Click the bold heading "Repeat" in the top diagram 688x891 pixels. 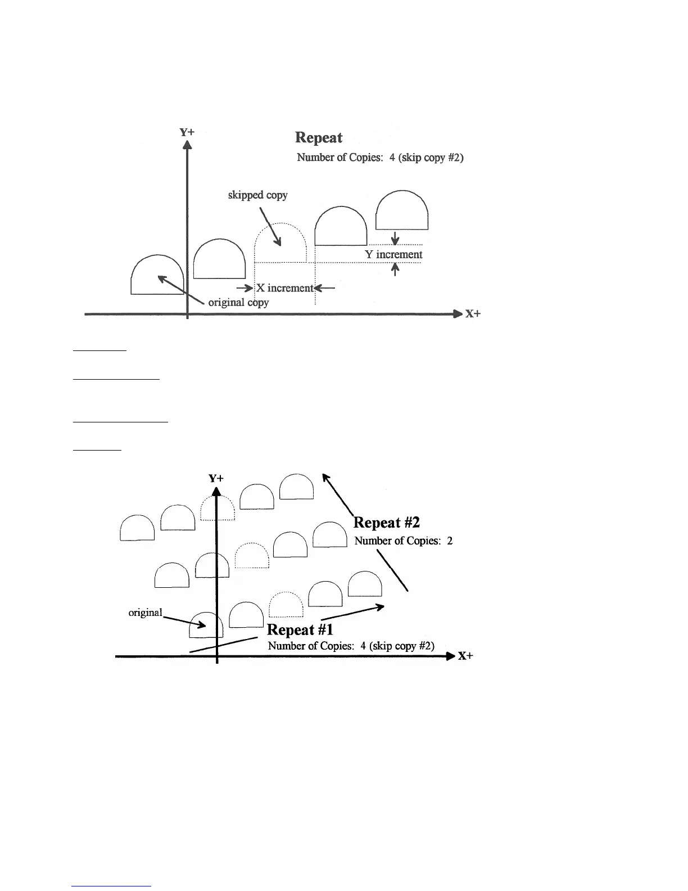[319, 138]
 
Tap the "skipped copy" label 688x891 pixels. [257, 195]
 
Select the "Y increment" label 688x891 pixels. [393, 254]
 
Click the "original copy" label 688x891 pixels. [238, 303]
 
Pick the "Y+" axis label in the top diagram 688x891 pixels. [187, 132]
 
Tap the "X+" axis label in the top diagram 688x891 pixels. [473, 314]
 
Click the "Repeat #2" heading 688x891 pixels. [387, 523]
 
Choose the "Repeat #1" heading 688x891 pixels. [300, 629]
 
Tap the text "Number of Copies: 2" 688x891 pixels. [404, 541]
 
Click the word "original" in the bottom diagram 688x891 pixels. [145, 613]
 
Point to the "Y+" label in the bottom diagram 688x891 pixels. [216, 478]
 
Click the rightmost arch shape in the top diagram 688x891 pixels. [402, 210]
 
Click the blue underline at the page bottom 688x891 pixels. [112, 886]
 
